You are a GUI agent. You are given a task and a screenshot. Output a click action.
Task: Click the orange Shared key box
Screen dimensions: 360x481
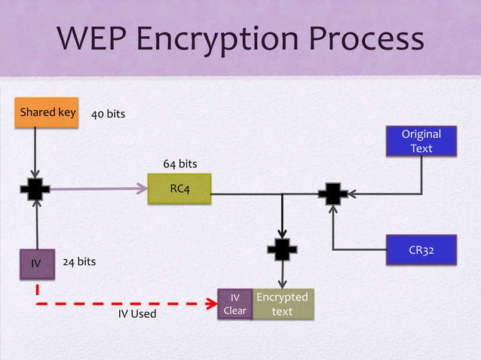click(x=47, y=113)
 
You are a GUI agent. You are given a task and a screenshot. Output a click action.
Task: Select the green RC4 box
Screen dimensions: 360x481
click(x=179, y=188)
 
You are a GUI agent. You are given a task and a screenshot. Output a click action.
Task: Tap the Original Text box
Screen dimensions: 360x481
click(x=421, y=142)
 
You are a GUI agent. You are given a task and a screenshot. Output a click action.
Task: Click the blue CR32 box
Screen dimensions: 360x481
click(x=421, y=249)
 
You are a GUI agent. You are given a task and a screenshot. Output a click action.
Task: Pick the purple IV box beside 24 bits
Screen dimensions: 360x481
click(x=35, y=264)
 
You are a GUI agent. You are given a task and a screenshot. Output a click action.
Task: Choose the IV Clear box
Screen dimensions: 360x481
click(x=234, y=304)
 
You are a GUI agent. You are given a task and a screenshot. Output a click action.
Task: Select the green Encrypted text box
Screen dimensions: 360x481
click(x=282, y=304)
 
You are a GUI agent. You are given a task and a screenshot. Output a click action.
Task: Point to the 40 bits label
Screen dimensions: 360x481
click(x=108, y=114)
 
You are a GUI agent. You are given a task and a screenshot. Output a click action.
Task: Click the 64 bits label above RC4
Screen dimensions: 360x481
click(x=180, y=163)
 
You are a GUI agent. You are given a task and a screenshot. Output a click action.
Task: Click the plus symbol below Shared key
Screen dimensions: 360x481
click(x=35, y=189)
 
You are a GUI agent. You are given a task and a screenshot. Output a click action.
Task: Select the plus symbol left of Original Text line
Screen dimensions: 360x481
click(x=332, y=194)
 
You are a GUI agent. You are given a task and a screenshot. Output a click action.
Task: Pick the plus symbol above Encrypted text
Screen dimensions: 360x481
click(x=282, y=248)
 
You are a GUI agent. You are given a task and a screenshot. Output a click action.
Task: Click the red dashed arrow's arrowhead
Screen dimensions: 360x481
click(x=211, y=304)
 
